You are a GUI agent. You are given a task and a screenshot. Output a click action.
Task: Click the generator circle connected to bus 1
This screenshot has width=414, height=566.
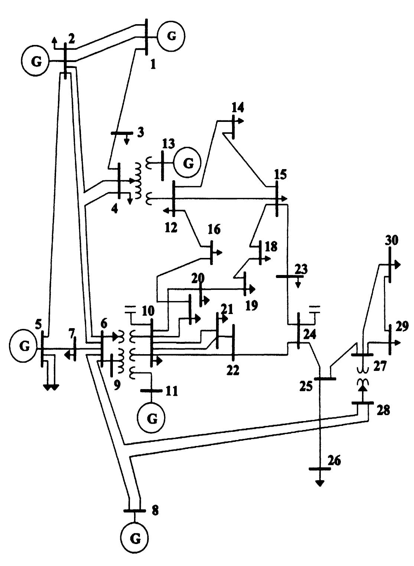coord(171,36)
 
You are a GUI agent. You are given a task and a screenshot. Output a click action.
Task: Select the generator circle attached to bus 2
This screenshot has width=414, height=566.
coord(36,61)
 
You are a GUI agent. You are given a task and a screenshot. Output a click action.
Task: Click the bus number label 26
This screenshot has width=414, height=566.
coord(334,461)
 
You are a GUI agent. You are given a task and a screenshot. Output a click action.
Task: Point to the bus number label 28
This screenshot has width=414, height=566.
coord(382,411)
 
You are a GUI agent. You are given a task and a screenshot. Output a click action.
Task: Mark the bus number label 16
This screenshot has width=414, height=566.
coord(213,229)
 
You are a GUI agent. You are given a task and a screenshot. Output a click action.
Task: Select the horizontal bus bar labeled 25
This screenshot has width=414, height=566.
coord(325,379)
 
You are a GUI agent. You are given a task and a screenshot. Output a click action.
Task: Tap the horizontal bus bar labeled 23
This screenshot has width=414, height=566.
coord(290,276)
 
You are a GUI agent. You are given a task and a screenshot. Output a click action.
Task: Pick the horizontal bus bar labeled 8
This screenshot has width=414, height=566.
coord(134,511)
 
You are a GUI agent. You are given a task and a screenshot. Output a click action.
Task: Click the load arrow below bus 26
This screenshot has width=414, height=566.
coord(319,483)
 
